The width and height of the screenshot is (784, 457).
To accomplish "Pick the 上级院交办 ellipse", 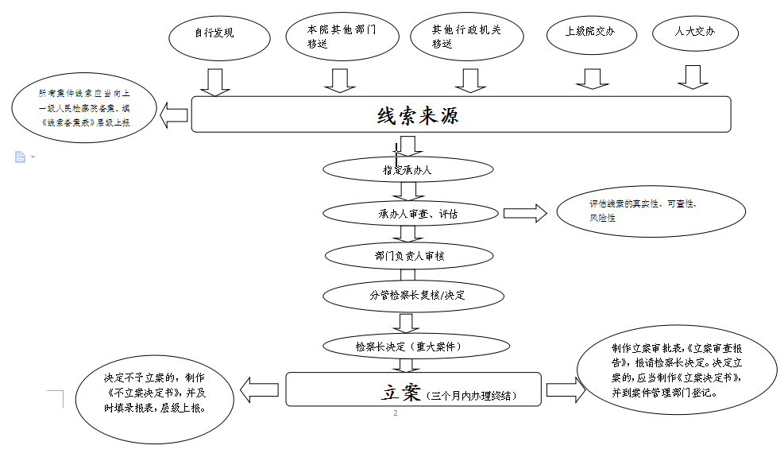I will click(x=590, y=33).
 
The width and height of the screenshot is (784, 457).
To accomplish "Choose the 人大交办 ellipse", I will click(x=695, y=33).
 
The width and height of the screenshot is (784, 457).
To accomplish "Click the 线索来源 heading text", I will click(x=418, y=115).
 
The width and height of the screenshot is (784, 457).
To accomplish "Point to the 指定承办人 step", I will click(x=407, y=169).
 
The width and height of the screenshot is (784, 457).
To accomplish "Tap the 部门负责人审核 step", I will click(x=410, y=256).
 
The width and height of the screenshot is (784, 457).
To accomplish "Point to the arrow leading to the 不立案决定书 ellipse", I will click(x=259, y=390).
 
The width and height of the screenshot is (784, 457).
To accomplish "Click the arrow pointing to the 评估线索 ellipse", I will click(x=525, y=213).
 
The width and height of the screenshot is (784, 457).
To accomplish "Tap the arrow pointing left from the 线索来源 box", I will click(x=174, y=115).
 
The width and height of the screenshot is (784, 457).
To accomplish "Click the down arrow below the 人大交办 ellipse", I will click(x=693, y=78).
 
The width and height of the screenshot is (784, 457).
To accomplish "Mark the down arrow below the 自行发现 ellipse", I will click(x=214, y=81).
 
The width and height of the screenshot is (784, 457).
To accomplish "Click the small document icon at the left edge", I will click(x=20, y=157).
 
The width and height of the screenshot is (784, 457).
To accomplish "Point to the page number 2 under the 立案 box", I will click(x=395, y=413).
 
